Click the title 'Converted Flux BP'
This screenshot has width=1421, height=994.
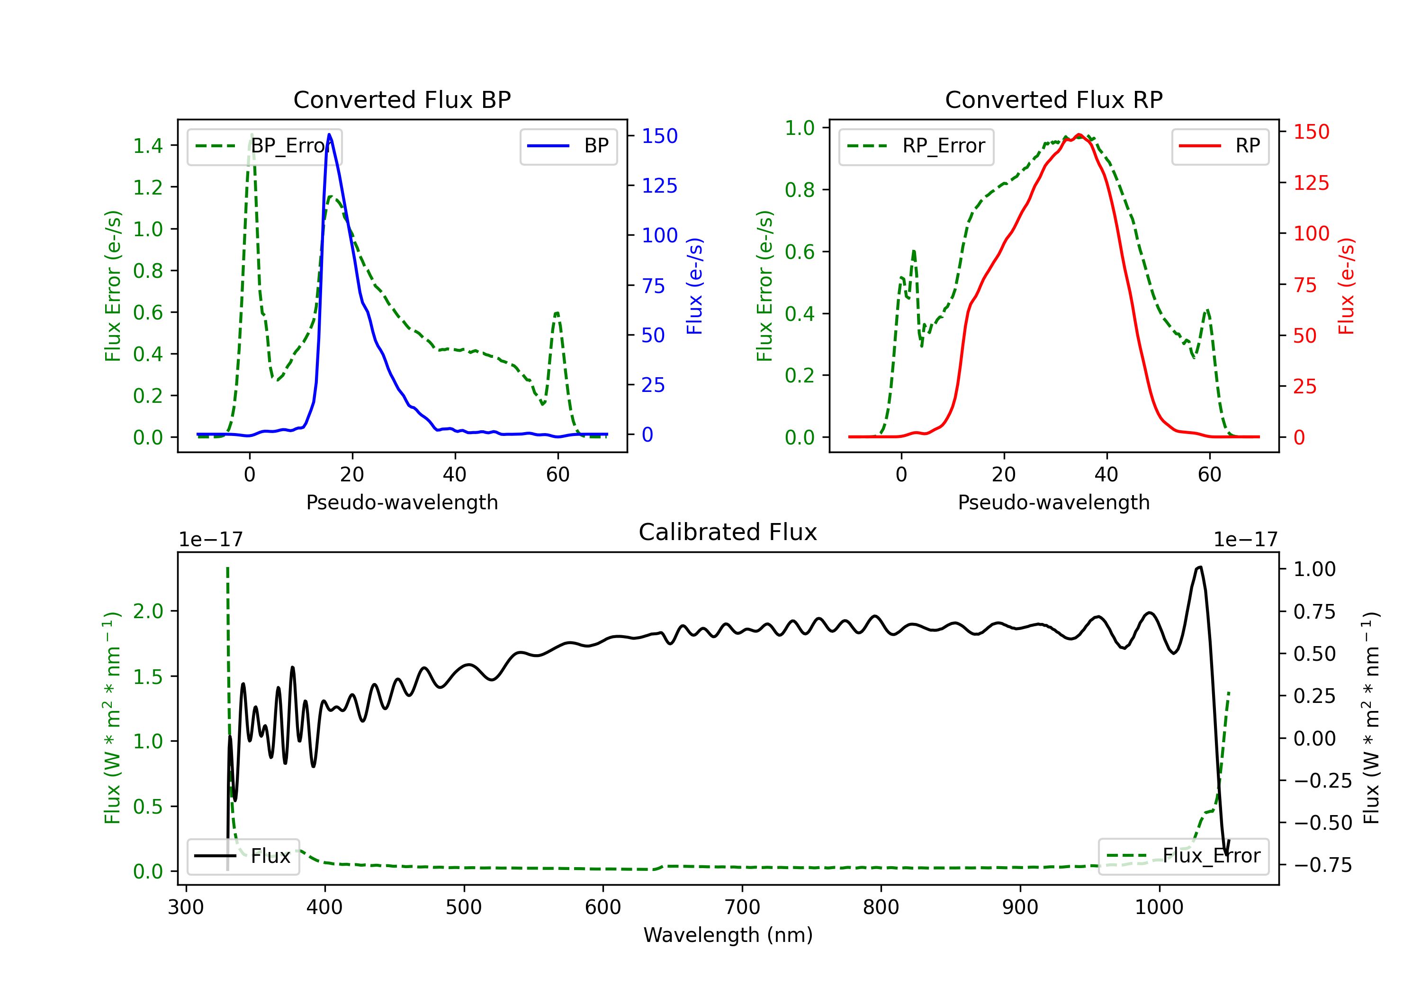[402, 99]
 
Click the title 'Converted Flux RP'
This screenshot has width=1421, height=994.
[1053, 99]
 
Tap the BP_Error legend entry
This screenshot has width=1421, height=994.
[264, 146]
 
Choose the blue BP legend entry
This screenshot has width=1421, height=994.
[568, 146]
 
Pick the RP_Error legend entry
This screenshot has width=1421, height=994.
[916, 146]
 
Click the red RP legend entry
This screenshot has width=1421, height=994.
[1220, 146]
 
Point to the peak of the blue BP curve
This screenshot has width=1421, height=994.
[329, 134]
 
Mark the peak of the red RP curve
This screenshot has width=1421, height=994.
[1079, 134]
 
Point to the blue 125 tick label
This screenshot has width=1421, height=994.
[659, 186]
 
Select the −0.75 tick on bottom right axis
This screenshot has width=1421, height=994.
[1322, 865]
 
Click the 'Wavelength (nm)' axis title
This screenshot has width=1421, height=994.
[728, 935]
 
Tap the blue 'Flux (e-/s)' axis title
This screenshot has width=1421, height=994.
[694, 286]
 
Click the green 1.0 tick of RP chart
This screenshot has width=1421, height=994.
[799, 128]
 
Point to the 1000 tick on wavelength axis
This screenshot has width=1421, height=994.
[1159, 907]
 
